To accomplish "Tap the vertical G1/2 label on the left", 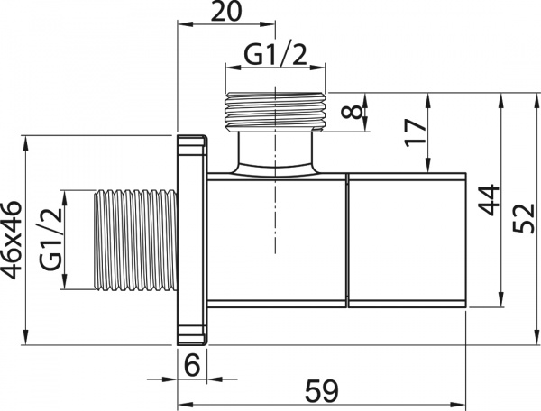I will coord(51,240).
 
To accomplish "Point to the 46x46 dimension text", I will coord(12,240).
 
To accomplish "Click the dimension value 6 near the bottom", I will coord(192,365).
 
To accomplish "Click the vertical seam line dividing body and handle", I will coord(347,240).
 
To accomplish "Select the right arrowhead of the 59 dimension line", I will coord(463,403).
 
